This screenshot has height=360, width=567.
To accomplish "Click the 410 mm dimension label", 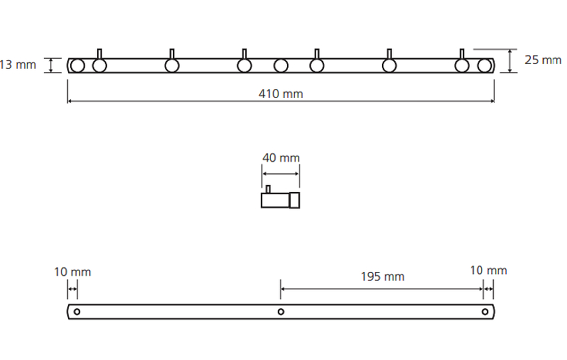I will point(282,94).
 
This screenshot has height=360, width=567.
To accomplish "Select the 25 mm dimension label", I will point(543,60).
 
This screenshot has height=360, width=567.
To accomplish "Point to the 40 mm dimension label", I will point(281,157).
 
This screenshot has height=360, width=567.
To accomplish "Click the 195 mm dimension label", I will point(383,276).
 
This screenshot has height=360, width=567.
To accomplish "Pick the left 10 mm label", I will point(72,271).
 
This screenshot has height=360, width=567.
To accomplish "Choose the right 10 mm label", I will point(488,270).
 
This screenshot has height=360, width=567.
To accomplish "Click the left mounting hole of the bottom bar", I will point(77,312).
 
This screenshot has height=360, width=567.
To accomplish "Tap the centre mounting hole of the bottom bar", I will point(281,312).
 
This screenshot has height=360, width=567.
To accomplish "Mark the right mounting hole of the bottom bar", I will point(485,312).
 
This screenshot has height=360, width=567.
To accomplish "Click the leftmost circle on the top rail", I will point(78,66).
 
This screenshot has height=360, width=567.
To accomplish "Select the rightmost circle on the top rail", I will point(485,66).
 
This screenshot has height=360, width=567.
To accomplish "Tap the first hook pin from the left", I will point(100,54).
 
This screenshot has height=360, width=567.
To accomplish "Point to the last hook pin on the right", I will point(462,54).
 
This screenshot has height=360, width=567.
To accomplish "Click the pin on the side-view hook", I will point(268,189).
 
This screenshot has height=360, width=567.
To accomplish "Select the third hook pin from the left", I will point(245,54).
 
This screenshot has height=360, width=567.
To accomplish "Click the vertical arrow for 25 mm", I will point(511,61).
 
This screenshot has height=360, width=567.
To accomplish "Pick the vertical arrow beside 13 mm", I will point(50,65).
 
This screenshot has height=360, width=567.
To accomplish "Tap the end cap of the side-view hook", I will point(294,201).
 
